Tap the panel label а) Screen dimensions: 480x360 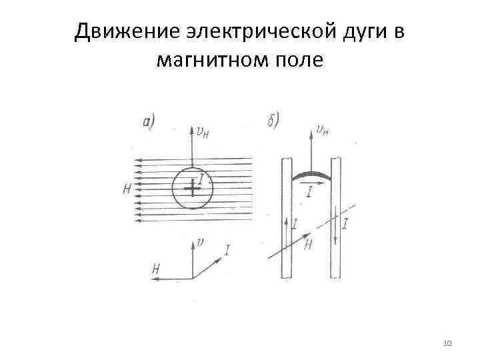149,121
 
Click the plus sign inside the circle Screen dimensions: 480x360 192,189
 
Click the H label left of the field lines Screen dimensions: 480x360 127,189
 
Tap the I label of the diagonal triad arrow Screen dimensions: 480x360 228,250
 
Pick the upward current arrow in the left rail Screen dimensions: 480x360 287,230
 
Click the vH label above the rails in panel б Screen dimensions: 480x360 323,130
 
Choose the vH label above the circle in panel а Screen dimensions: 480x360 201,131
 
